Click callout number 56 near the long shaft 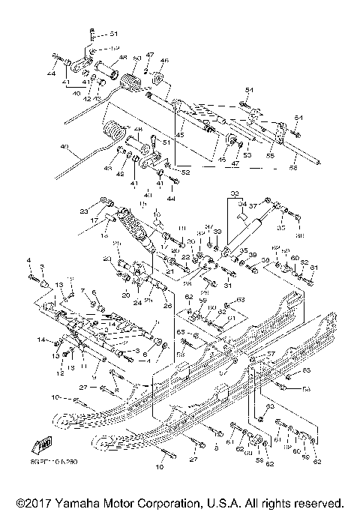(x=294, y=169)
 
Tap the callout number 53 (x=246, y=155)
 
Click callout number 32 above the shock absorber (x=233, y=192)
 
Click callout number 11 (x=83, y=364)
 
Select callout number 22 (x=185, y=257)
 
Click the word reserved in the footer (x=317, y=502)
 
